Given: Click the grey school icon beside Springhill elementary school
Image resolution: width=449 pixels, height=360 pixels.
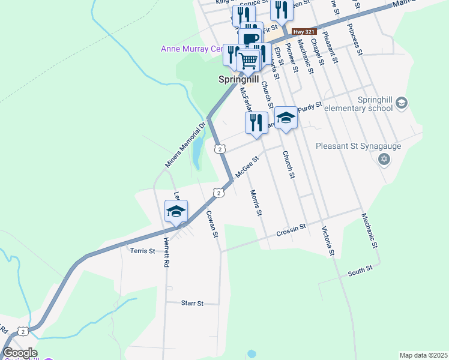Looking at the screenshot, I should click(x=402, y=104).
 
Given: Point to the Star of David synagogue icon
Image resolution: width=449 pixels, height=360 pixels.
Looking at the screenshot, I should click(x=384, y=159).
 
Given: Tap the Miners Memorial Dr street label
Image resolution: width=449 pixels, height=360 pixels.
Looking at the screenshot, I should click(x=185, y=145).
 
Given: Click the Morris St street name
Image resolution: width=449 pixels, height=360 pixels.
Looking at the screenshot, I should click(x=256, y=203).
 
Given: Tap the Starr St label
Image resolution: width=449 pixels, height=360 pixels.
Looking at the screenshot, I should click(x=193, y=304).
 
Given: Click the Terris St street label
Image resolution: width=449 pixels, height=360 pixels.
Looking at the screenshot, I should click(x=143, y=250).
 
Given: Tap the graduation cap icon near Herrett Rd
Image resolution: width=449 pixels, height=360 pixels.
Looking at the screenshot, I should click(x=176, y=211).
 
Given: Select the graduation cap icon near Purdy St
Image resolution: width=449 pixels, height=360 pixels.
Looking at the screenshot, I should click(x=286, y=118).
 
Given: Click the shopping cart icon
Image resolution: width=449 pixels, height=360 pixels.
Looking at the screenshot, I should click(x=249, y=60).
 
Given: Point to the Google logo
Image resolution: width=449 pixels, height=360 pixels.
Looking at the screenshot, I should click(x=20, y=353).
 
